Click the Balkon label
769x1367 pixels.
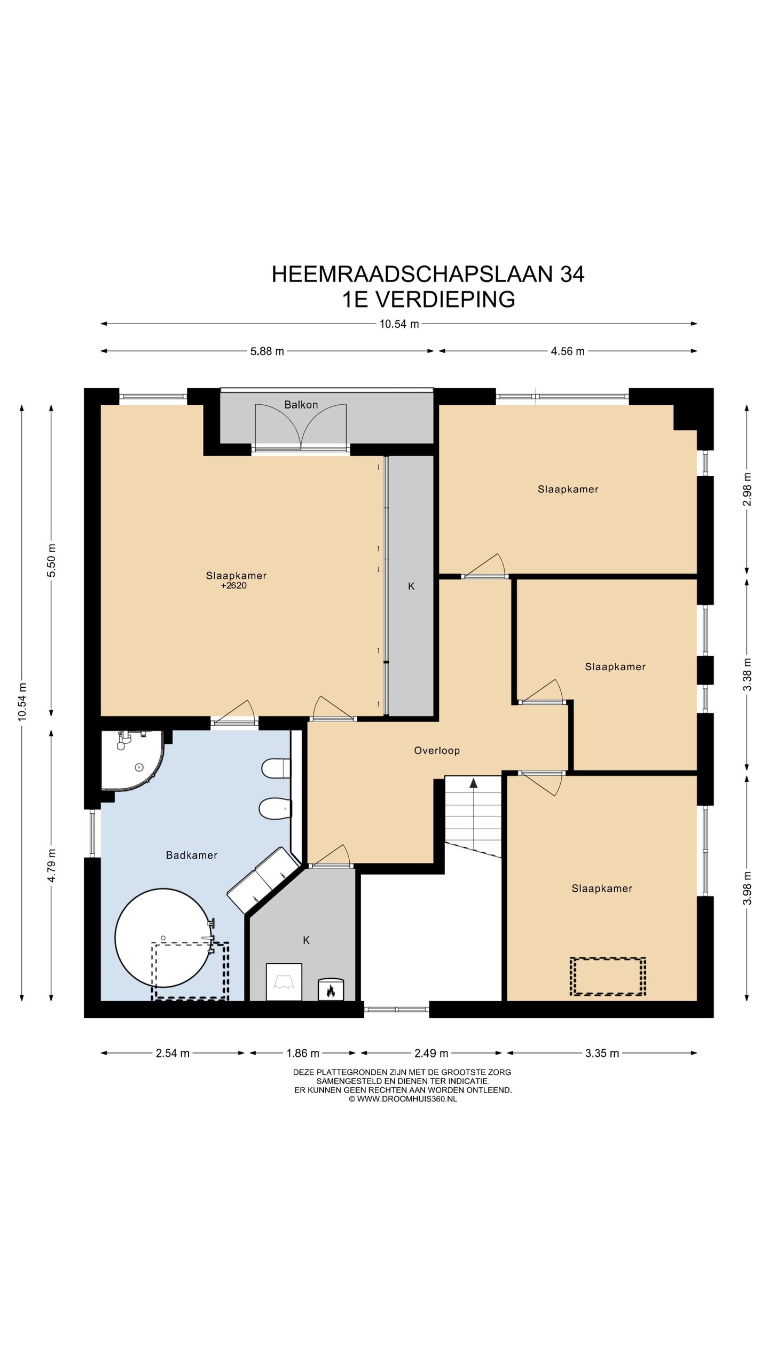301,405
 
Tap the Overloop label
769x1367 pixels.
437,751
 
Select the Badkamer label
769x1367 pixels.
192,855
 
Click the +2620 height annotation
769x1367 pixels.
234,586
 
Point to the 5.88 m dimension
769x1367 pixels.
268,351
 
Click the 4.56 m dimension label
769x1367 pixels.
568,351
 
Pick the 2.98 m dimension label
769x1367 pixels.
748,489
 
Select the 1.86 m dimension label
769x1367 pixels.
303,1054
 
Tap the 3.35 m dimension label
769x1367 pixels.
602,1054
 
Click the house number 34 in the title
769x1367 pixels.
572,274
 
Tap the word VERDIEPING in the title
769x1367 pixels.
445,300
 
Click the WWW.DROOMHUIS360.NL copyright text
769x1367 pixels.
403,1099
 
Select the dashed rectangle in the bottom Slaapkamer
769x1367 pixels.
608,977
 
